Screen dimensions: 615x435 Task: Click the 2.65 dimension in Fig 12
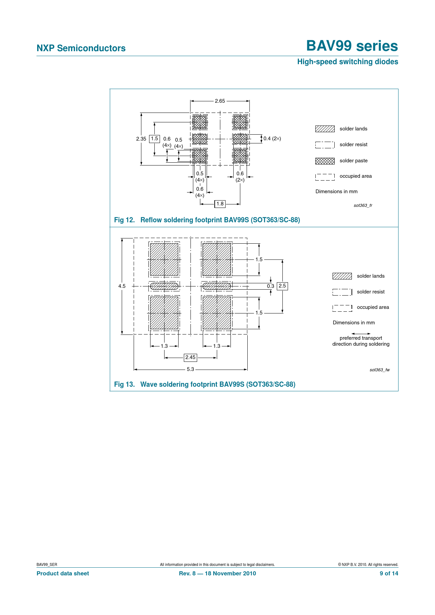[220, 101]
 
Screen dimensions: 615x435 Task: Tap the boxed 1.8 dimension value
[220, 204]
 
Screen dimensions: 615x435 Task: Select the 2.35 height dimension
[141, 139]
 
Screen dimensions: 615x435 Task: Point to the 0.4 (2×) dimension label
[272, 138]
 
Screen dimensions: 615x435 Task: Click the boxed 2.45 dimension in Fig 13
[190, 357]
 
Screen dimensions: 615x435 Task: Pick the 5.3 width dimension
[190, 369]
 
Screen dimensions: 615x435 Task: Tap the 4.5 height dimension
[122, 286]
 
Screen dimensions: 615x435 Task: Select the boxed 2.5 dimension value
[282, 286]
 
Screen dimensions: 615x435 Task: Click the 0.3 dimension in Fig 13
[270, 286]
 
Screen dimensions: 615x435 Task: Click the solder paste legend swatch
[325, 161]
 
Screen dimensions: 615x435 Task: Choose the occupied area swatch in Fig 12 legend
[325, 177]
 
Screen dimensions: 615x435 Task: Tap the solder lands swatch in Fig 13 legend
[342, 276]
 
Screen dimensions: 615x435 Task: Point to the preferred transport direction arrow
[361, 334]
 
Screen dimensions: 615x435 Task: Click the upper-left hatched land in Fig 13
[164, 259]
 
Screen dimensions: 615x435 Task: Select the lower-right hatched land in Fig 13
[217, 313]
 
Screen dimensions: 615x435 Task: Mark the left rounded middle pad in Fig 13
[164, 286]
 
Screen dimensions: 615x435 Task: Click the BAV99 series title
[352, 46]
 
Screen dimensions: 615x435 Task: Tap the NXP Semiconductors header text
[81, 48]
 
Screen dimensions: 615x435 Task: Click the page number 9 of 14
[389, 573]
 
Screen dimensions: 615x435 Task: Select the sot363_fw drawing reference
[380, 370]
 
